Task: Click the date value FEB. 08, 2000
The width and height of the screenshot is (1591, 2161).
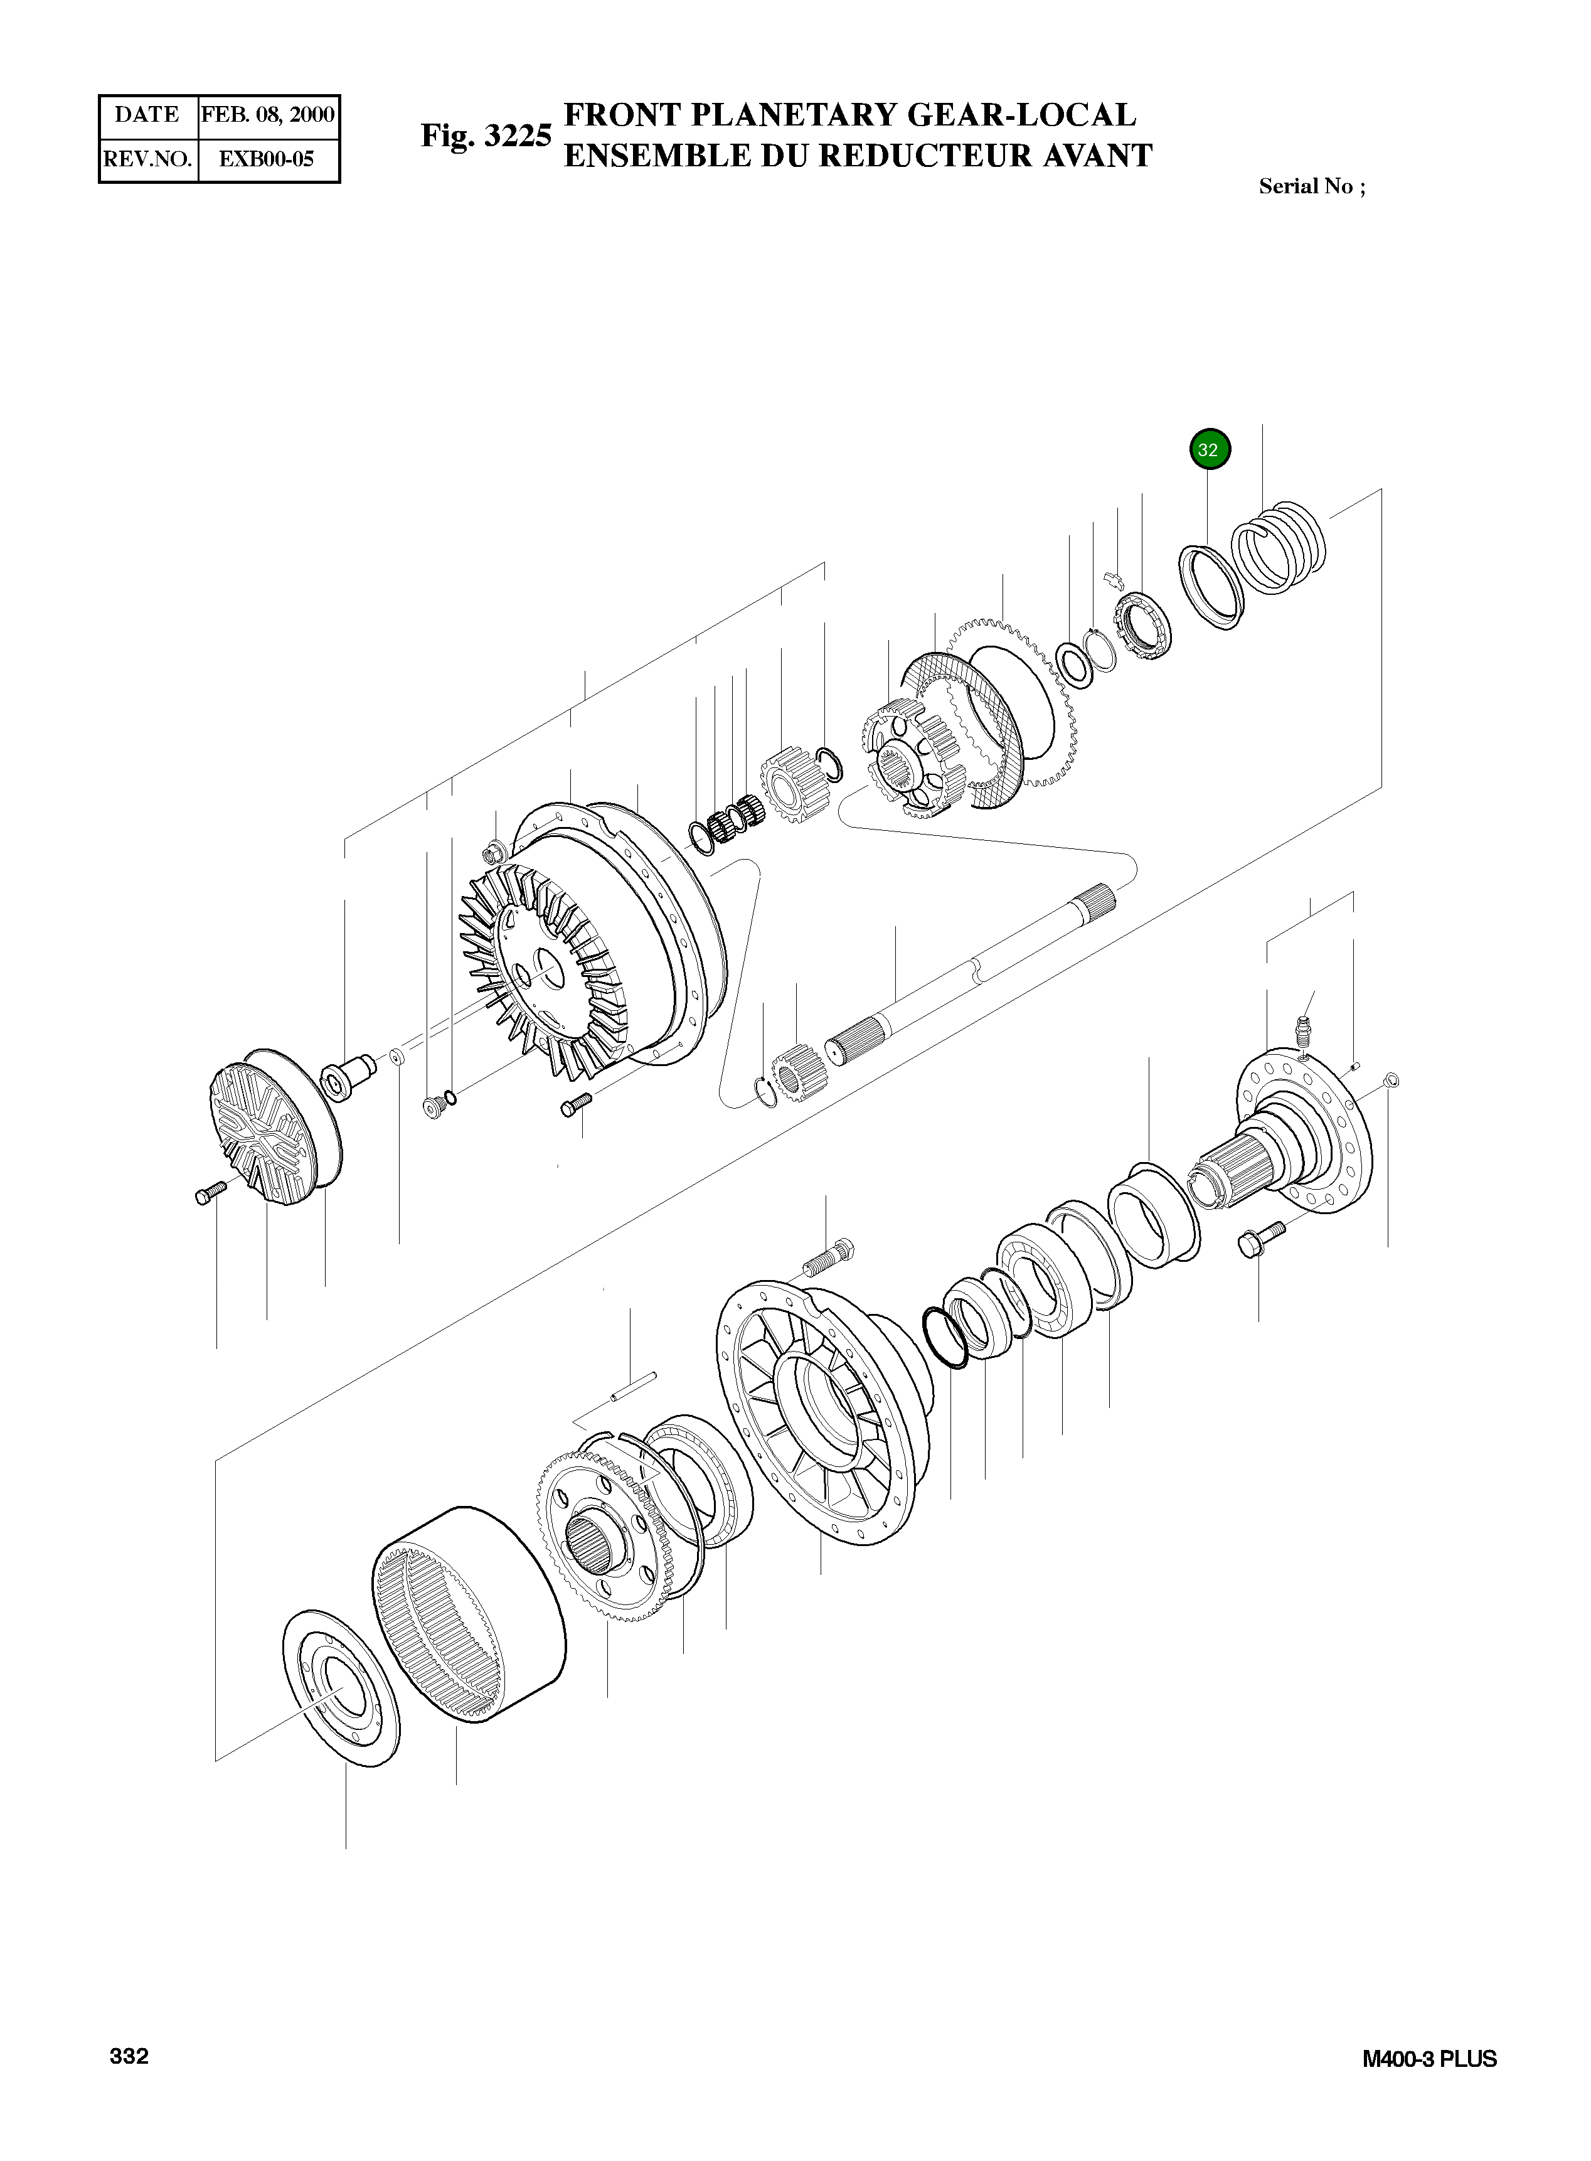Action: (268, 115)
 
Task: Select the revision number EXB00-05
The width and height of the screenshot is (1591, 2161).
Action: (267, 159)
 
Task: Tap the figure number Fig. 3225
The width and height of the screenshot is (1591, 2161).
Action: (486, 136)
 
